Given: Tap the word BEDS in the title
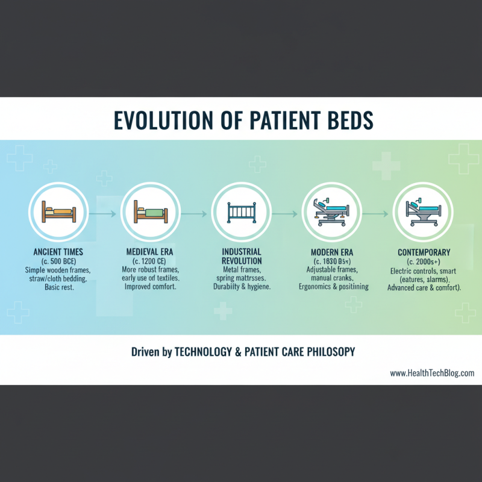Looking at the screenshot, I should (343, 119).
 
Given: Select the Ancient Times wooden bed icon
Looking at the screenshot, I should (58, 213).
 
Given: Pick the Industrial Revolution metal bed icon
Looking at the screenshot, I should (241, 213).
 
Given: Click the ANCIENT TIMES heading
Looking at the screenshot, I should (58, 252).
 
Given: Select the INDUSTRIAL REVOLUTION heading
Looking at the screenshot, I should (241, 256).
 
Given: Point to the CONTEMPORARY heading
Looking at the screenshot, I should (424, 252).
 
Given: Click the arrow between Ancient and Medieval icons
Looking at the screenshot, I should (104, 213).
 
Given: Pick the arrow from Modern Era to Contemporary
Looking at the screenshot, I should (377, 213).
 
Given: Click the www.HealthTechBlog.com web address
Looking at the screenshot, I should (432, 373).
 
